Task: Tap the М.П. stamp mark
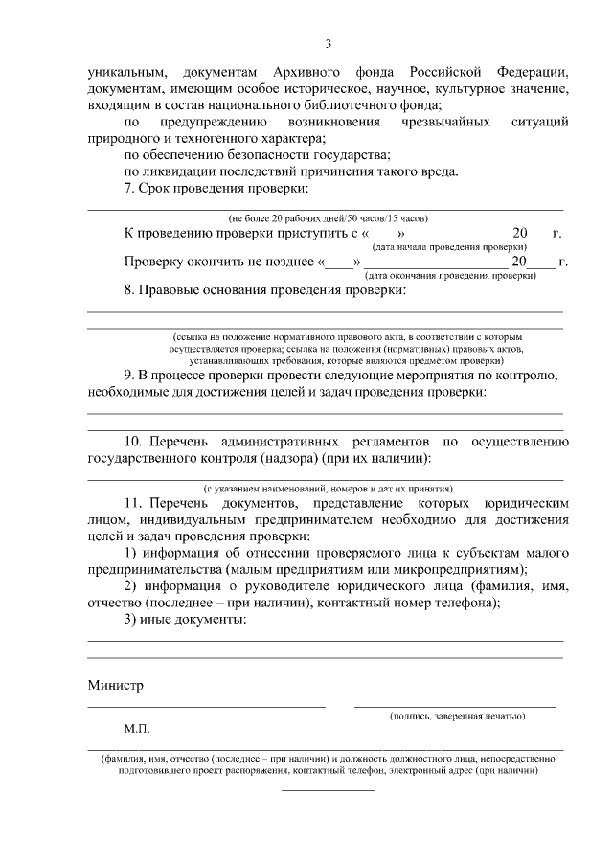137,729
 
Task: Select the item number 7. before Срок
131,189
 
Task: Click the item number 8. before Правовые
131,289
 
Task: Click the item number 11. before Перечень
135,503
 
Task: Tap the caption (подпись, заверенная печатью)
455,716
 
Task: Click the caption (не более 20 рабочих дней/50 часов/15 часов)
327,217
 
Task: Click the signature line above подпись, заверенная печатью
455,706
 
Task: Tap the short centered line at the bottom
328,789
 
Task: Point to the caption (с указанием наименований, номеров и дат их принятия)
327,488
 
